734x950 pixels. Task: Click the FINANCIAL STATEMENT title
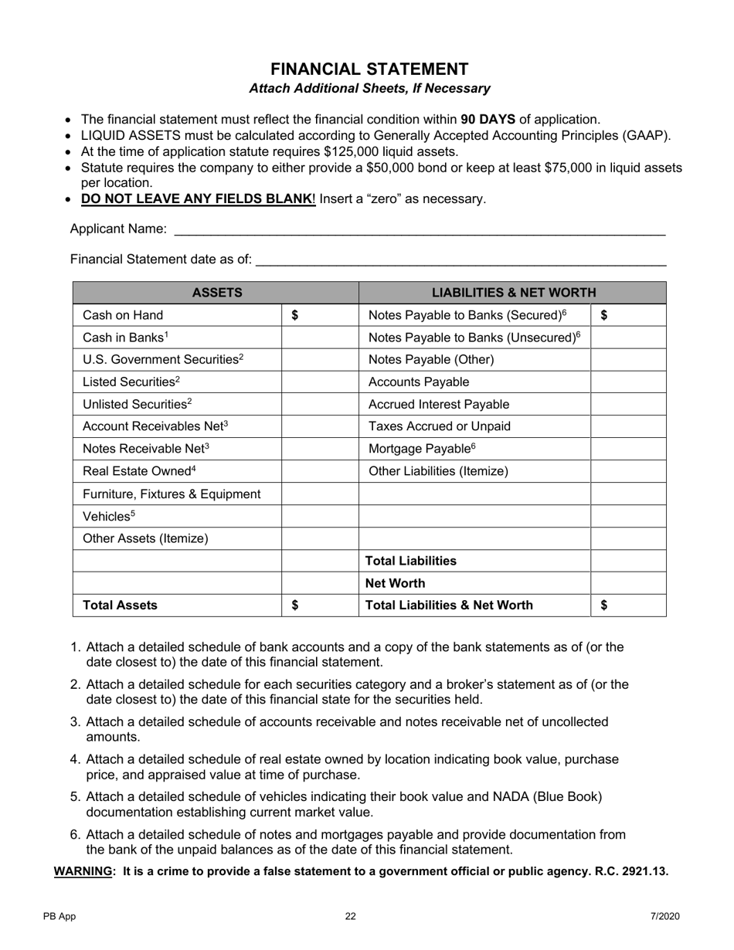369,69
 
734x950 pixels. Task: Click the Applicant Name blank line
420,229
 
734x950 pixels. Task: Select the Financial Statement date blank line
460,260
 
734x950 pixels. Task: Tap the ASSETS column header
217,293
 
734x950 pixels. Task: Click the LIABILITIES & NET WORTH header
513,293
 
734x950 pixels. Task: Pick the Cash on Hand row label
123,315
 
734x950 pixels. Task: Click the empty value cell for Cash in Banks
321,338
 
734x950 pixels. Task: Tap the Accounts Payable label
419,382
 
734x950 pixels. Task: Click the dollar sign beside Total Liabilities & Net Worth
604,606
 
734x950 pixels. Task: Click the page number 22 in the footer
351,917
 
